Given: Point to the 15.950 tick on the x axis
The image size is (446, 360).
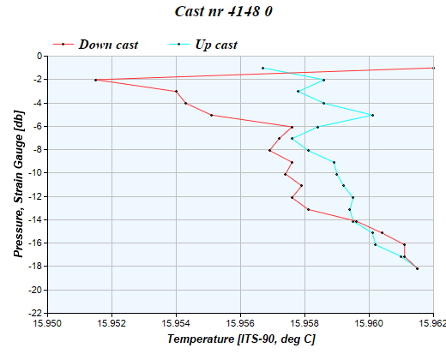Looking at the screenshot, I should pyautogui.click(x=48, y=324).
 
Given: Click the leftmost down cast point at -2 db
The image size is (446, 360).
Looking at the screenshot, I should pyautogui.click(x=95, y=80).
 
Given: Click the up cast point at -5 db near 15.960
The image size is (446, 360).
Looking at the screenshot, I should pyautogui.click(x=372, y=115).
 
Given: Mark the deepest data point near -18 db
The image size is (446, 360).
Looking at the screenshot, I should pyautogui.click(x=417, y=268).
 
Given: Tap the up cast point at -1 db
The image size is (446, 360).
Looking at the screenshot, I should pyautogui.click(x=262, y=68).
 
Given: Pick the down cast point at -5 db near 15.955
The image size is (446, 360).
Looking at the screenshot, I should pyautogui.click(x=211, y=115).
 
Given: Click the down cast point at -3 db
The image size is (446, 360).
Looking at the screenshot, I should pyautogui.click(x=176, y=91).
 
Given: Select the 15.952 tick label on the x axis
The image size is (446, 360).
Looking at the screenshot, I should pyautogui.click(x=112, y=324).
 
